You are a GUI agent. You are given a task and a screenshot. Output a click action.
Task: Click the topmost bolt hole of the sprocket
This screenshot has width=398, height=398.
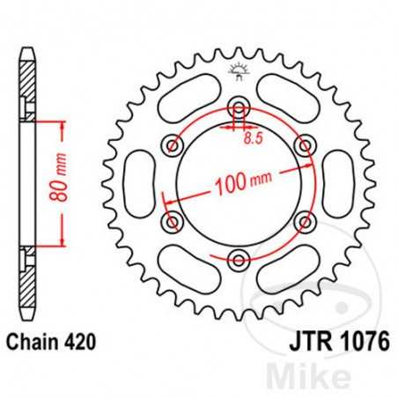click(x=238, y=109)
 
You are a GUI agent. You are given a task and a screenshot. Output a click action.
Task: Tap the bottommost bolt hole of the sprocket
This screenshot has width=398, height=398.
click(x=238, y=258)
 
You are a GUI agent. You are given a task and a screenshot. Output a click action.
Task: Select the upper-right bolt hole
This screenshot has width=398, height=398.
click(x=302, y=146)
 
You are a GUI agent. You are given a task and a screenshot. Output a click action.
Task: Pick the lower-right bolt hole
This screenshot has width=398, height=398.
click(x=302, y=221)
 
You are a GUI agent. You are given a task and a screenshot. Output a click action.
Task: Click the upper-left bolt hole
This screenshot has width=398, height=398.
click(x=173, y=146)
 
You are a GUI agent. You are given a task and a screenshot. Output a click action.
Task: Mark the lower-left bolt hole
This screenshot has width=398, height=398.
click(x=173, y=221)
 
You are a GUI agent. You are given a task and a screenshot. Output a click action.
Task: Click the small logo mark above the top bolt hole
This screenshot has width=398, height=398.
click(x=238, y=70)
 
